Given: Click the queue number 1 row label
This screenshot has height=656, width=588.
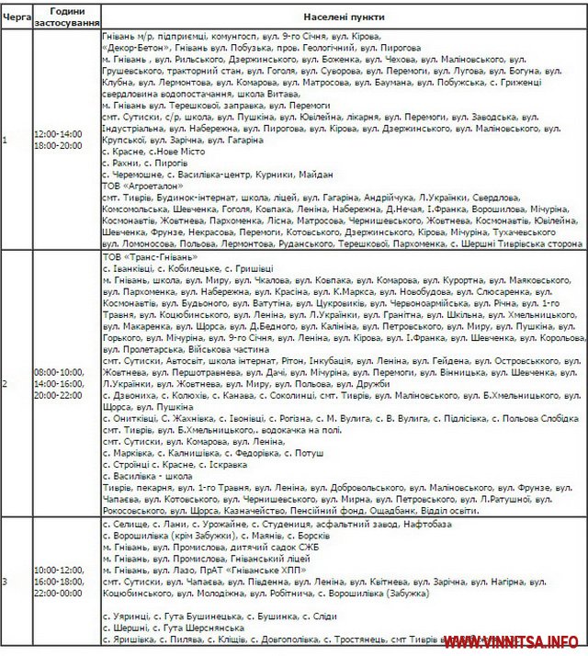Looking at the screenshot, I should [5, 140].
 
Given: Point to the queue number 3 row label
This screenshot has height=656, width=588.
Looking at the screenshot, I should [5, 582].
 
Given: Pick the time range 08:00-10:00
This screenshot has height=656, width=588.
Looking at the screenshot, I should [58, 371].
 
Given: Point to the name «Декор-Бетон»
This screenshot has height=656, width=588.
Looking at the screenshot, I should [135, 46].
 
